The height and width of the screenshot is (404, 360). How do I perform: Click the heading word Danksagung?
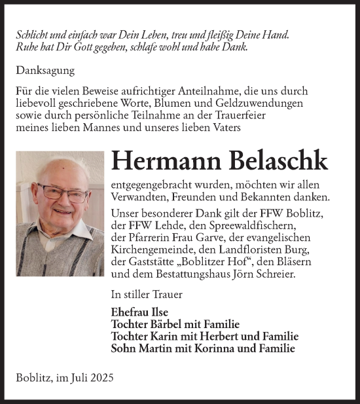tap(46, 70)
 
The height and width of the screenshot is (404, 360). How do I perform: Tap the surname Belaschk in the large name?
tap(276, 161)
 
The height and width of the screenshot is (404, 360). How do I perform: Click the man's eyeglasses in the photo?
tap(62, 193)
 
